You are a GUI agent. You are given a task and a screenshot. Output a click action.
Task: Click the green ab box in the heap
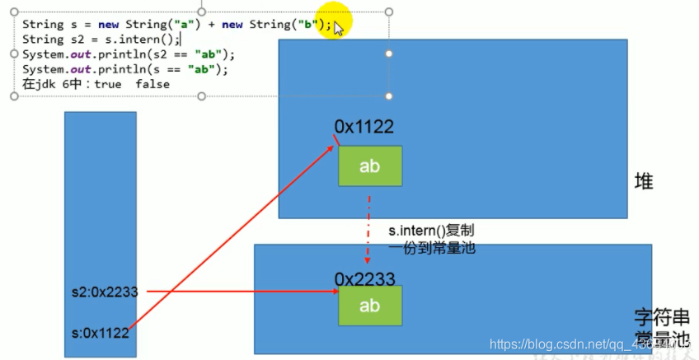370,166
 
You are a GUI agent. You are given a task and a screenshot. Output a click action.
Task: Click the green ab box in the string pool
370,305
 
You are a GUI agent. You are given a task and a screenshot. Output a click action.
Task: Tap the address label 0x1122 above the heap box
364,127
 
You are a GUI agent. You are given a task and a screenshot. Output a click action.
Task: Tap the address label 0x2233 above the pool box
364,278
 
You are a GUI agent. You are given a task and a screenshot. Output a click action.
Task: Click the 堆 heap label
644,181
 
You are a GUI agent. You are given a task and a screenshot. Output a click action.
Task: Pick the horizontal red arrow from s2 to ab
239,292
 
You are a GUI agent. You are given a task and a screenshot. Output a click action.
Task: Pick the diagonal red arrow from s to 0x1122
231,239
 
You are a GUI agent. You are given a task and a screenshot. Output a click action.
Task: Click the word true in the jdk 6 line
108,84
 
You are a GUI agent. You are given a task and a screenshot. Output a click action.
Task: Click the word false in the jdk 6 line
152,84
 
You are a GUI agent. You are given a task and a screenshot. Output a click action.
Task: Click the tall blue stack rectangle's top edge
101,113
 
